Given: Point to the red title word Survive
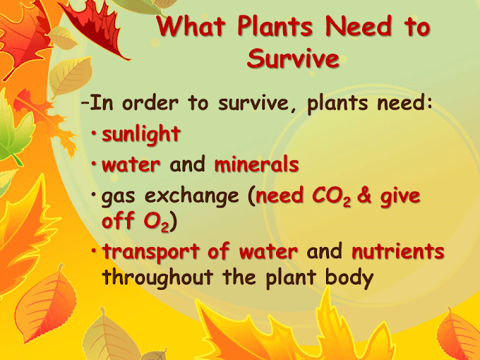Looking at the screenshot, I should tap(292, 59).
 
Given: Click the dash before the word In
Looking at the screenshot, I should tap(85, 104).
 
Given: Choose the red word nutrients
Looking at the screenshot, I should tap(398, 251).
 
